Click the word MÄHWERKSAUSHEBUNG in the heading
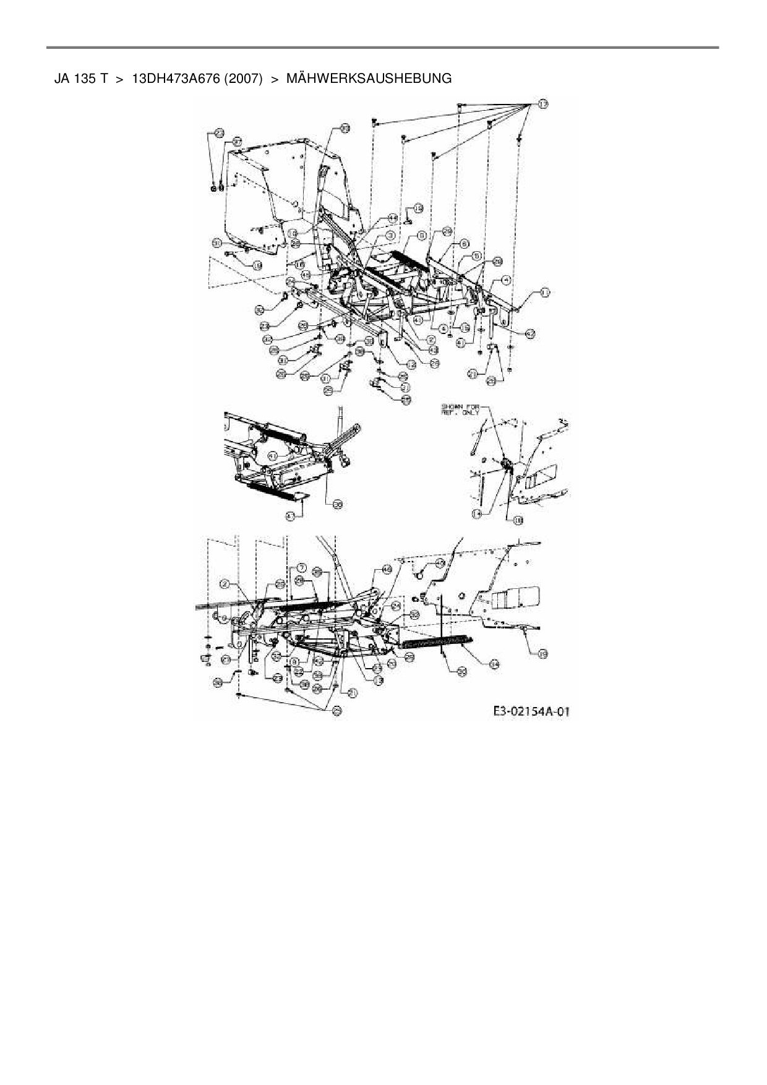click(x=369, y=79)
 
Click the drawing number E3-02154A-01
click(x=531, y=712)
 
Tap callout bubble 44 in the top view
click(x=393, y=218)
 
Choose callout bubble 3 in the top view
click(x=390, y=235)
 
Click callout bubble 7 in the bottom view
click(x=301, y=567)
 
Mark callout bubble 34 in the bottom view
click(x=494, y=664)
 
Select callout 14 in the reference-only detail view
click(x=476, y=512)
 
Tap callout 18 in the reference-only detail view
click(x=518, y=520)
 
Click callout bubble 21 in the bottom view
click(x=352, y=693)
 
